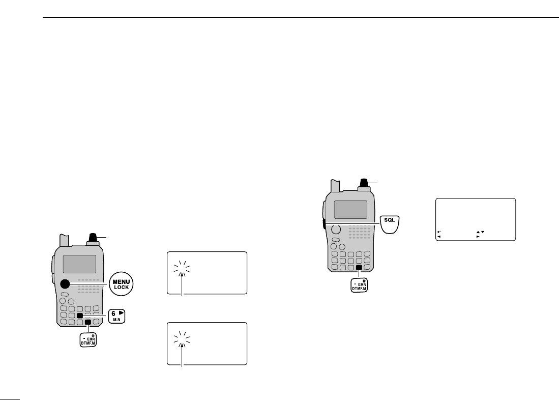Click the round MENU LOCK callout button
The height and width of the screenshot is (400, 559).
pyautogui.click(x=121, y=283)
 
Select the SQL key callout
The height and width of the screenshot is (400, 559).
pyautogui.click(x=391, y=223)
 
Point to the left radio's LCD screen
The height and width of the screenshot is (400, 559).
pyautogui.click(x=79, y=264)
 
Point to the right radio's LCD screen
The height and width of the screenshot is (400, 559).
pyautogui.click(x=350, y=209)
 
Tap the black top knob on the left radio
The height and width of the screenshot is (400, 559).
pyautogui.click(x=92, y=238)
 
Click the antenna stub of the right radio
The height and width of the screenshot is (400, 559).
pyautogui.click(x=335, y=186)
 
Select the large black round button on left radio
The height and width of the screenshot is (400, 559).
pyautogui.click(x=65, y=284)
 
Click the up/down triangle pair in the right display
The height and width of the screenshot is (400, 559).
pyautogui.click(x=480, y=232)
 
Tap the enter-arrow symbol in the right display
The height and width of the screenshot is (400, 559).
pyautogui.click(x=439, y=232)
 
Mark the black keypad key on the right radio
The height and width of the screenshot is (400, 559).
pyautogui.click(x=359, y=267)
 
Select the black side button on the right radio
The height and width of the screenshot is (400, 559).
pyautogui.click(x=323, y=224)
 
